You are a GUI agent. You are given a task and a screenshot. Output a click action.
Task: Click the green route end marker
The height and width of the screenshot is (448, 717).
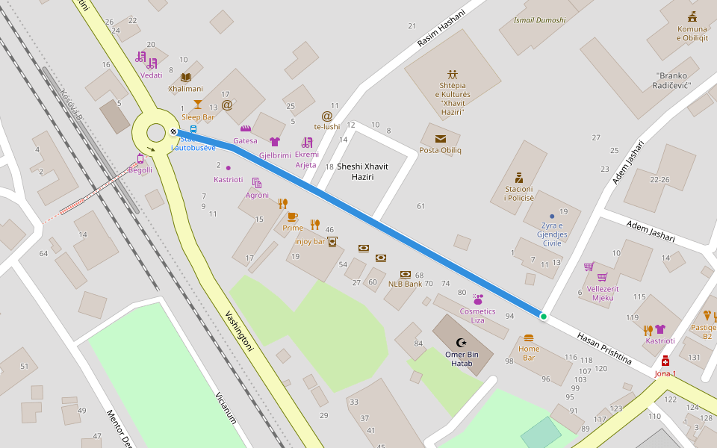click(x=543, y=317)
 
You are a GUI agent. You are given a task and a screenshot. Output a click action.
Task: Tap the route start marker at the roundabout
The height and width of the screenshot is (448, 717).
click(x=173, y=131)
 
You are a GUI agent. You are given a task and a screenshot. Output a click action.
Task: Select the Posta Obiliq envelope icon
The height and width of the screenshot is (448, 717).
click(x=441, y=138)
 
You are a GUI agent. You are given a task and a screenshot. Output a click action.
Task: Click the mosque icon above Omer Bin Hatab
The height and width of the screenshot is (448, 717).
click(x=460, y=342)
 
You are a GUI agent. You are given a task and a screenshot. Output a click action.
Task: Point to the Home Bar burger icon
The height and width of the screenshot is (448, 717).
click(x=529, y=337)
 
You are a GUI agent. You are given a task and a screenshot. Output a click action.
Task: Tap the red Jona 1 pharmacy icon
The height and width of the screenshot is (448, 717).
click(x=665, y=361)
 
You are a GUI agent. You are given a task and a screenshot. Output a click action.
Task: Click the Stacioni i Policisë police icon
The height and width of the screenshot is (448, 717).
click(x=518, y=178)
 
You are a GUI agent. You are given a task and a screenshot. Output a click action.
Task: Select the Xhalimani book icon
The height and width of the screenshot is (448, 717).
click(x=185, y=77)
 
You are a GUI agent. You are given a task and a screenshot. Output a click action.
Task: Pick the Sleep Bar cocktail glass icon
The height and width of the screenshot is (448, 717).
click(x=198, y=105)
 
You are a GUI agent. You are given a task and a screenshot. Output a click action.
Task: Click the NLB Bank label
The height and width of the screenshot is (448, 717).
click(x=406, y=284)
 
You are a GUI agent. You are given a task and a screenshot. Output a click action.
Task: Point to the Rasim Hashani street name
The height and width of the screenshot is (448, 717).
click(x=441, y=31)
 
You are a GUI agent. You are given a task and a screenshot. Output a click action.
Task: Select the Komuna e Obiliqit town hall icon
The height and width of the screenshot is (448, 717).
click(x=692, y=16)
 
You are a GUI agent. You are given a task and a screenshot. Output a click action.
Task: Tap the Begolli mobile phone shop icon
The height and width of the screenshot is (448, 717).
click(x=140, y=158)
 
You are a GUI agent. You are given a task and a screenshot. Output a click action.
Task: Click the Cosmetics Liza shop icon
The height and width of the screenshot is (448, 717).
click(x=478, y=299)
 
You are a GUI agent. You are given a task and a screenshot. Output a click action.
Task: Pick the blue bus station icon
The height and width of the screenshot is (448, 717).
click(x=193, y=128)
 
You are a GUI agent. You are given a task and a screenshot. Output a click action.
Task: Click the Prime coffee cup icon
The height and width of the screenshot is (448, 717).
click(x=292, y=217)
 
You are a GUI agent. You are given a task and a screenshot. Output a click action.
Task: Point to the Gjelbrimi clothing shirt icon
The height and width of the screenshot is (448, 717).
click(x=274, y=142)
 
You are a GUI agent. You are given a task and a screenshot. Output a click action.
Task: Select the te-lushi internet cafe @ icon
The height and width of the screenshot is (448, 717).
click(x=326, y=116)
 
